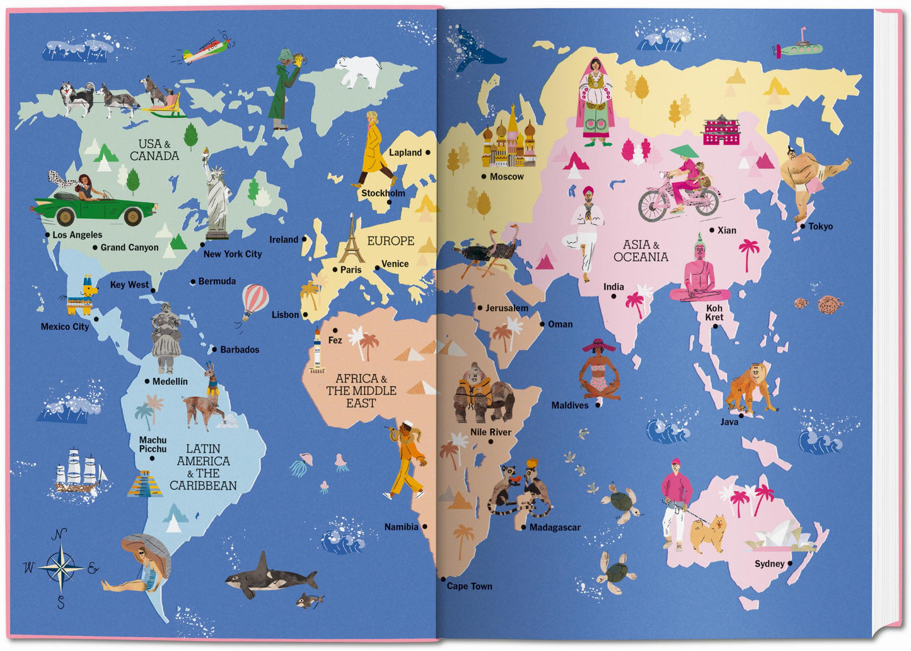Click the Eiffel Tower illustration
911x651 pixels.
coord(352,241)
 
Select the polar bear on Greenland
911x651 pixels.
coord(359,71)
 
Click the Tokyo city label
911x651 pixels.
coord(820,226)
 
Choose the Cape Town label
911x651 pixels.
coord(469,586)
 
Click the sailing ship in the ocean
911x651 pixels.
coord(79,470)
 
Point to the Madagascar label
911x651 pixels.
coord(555,527)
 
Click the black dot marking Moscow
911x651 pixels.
coord(484,177)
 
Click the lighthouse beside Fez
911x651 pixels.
coord(317,352)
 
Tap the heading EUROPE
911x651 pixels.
coord(390,241)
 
